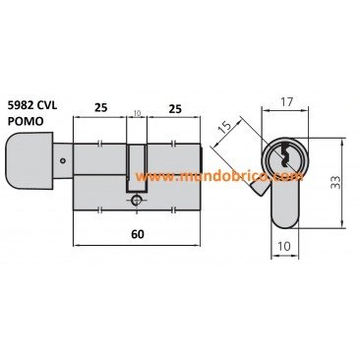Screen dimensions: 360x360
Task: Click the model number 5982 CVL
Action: (x=32, y=105)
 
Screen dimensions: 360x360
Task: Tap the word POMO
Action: (x=26, y=121)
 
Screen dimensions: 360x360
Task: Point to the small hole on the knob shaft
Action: (x=63, y=161)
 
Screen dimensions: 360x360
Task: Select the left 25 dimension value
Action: (x=101, y=107)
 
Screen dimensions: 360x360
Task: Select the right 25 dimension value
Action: (x=175, y=108)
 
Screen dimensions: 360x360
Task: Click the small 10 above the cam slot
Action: (x=137, y=113)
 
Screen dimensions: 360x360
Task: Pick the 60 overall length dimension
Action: (x=138, y=234)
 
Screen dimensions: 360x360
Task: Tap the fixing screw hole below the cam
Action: (x=136, y=201)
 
